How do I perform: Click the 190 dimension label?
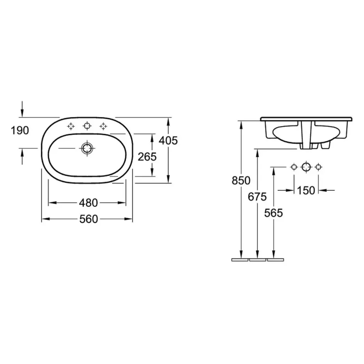(x=20, y=131)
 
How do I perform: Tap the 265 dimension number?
(x=147, y=157)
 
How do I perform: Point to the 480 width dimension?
(x=88, y=203)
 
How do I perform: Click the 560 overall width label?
(x=88, y=219)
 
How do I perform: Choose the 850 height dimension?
(x=241, y=181)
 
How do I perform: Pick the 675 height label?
(x=257, y=197)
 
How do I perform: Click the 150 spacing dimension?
(x=306, y=190)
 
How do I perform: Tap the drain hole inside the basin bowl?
(x=87, y=148)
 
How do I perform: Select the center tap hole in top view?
(x=87, y=125)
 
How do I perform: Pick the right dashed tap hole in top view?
(x=103, y=126)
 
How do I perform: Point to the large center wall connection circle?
(x=306, y=167)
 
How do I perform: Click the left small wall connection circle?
(x=294, y=167)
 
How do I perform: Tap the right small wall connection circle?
(x=318, y=167)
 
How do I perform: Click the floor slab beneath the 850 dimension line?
(x=240, y=260)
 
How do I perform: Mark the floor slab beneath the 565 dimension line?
(x=275, y=260)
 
